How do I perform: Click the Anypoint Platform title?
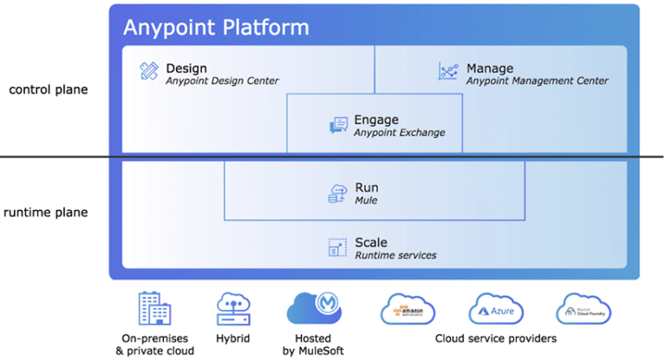click(216, 27)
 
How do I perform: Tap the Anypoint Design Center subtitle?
click(222, 82)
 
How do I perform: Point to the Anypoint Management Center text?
click(537, 82)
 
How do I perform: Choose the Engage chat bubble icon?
click(338, 126)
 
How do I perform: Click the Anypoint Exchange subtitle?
click(399, 133)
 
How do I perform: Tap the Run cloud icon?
click(338, 193)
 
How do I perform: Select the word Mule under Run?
click(366, 200)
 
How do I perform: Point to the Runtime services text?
click(395, 255)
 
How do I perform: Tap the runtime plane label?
click(44, 213)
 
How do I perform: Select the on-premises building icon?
click(154, 309)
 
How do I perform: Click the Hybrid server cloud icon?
click(232, 309)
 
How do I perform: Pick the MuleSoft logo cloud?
click(314, 309)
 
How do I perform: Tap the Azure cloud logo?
click(496, 309)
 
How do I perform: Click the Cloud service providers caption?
click(495, 338)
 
